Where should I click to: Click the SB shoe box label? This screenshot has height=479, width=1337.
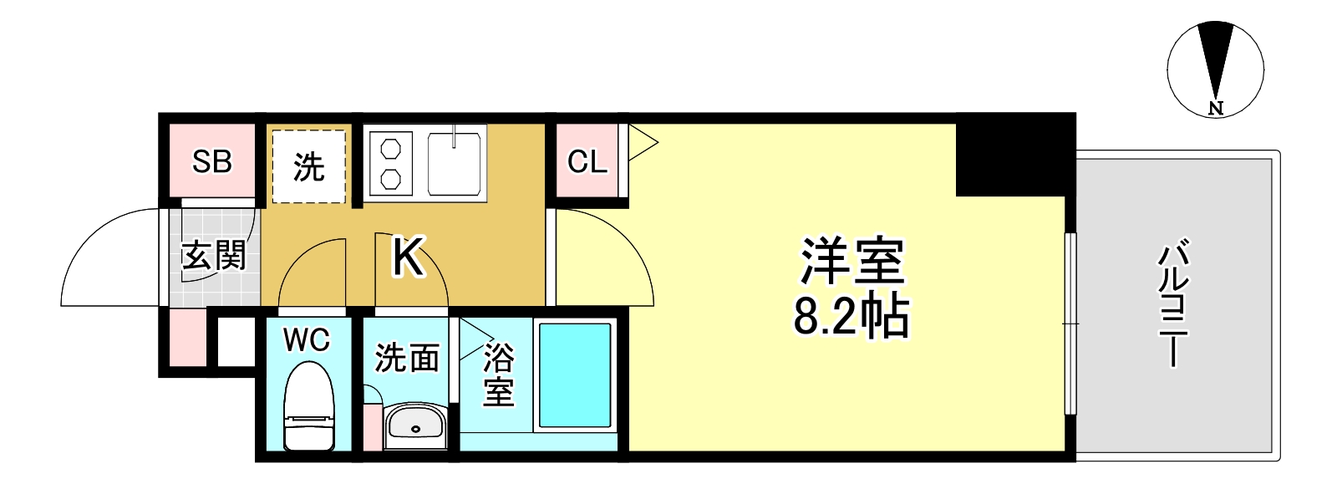pos(211,161)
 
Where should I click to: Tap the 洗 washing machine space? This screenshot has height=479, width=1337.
pos(309,166)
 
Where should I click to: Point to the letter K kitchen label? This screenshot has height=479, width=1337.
pos(409,257)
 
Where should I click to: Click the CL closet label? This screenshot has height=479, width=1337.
pos(587,161)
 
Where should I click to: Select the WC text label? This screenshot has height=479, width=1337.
pos(306,340)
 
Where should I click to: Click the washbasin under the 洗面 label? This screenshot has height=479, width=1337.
pos(415,426)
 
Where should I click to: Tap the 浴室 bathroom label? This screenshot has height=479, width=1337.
pos(498,377)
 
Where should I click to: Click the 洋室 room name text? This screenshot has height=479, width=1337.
pos(852,262)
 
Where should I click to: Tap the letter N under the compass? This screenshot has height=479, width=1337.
pos(1216,108)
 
